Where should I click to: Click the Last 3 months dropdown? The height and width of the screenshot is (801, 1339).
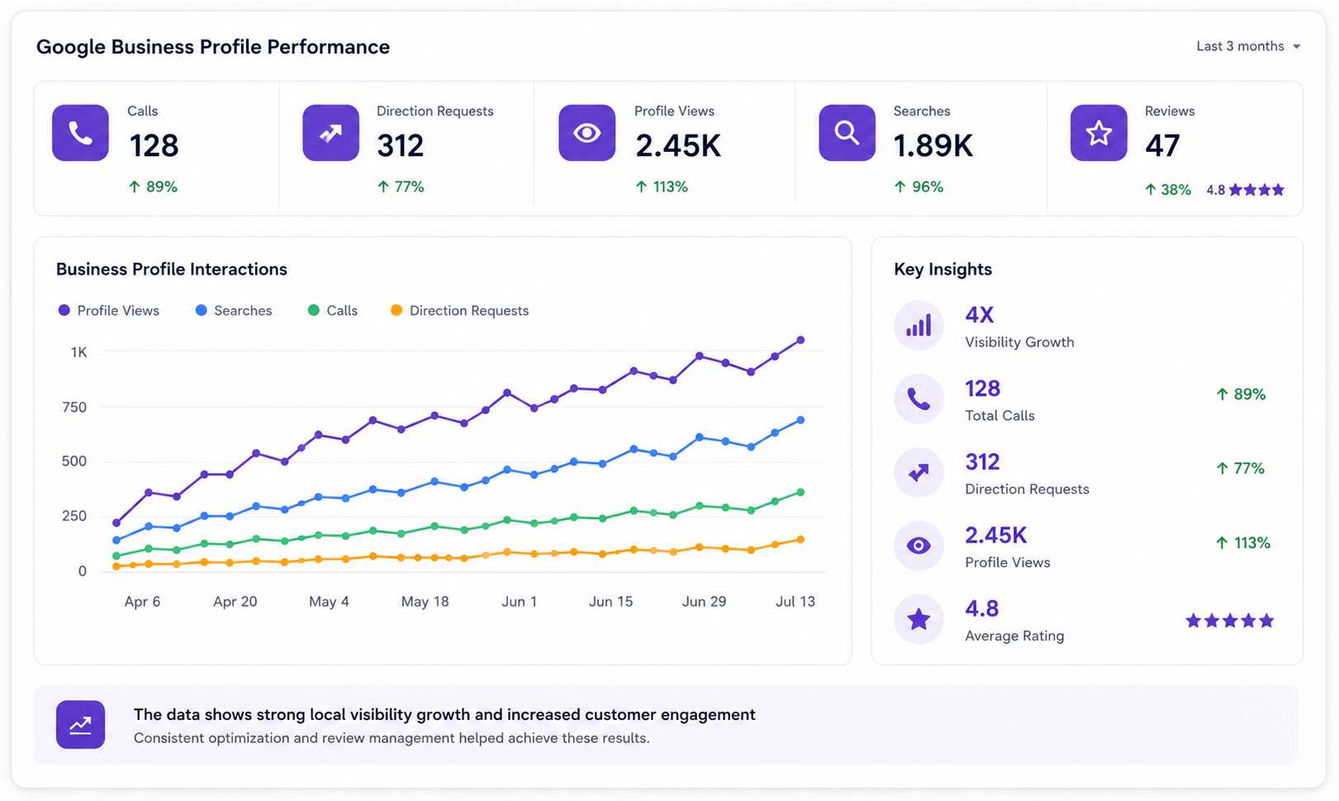click(x=1248, y=46)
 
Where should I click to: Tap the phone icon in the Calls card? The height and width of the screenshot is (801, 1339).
click(x=80, y=133)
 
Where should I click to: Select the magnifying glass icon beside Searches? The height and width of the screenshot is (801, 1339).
click(x=847, y=133)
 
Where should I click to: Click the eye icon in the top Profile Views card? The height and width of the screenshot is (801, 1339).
click(x=587, y=133)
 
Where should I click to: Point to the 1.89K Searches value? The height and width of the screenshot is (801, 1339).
click(x=933, y=145)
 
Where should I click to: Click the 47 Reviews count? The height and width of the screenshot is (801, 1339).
click(x=1162, y=145)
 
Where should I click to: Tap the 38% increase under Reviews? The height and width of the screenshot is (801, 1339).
click(x=1167, y=190)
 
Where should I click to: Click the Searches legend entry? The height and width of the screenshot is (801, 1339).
click(x=234, y=310)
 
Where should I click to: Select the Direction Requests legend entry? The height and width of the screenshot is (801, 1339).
click(x=459, y=310)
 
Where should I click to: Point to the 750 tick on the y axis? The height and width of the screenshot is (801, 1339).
click(x=74, y=407)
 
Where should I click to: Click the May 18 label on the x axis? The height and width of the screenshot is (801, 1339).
click(x=425, y=601)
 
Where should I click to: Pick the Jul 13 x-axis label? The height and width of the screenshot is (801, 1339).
click(x=795, y=601)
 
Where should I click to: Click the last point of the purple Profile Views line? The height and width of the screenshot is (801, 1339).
click(x=800, y=340)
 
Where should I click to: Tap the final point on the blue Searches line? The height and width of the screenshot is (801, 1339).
click(x=800, y=420)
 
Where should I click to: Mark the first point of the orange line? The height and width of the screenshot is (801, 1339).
click(x=116, y=566)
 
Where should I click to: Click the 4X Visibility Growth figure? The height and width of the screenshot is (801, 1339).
click(x=979, y=315)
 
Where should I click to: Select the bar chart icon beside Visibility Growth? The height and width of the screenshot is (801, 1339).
click(x=919, y=325)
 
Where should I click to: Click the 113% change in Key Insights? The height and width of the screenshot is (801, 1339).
click(x=1242, y=543)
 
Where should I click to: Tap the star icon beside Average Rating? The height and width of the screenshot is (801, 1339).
click(x=919, y=619)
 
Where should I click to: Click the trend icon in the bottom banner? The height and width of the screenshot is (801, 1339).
click(x=81, y=724)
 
